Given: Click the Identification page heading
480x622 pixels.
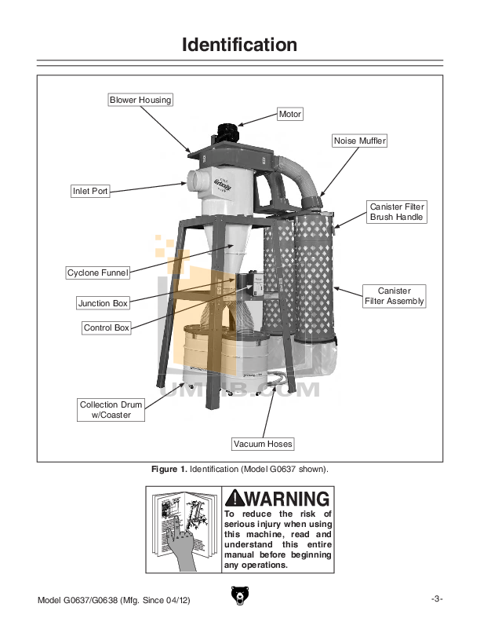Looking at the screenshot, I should (x=239, y=45).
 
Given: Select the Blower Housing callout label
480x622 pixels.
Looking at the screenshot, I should (x=140, y=100).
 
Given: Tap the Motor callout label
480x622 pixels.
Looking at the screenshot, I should (x=289, y=114).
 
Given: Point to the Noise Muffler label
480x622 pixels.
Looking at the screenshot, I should (x=360, y=141).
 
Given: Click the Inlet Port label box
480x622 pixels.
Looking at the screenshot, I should (x=90, y=191).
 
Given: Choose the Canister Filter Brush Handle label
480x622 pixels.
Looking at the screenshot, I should (x=397, y=211).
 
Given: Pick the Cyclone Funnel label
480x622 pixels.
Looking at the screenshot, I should (x=97, y=273).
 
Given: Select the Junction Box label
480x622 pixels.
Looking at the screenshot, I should (x=103, y=302).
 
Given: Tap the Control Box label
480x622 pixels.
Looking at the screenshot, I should (x=107, y=327).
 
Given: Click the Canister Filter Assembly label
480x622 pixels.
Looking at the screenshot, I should (x=395, y=296).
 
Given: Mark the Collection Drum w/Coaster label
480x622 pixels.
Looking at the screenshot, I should (x=111, y=410).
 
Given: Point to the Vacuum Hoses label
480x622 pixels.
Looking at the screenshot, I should (x=263, y=444).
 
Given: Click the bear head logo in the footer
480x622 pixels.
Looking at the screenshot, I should (x=239, y=598).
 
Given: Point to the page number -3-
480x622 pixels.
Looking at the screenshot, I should (x=437, y=599).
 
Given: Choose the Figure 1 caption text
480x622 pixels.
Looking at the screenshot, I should (x=239, y=469).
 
